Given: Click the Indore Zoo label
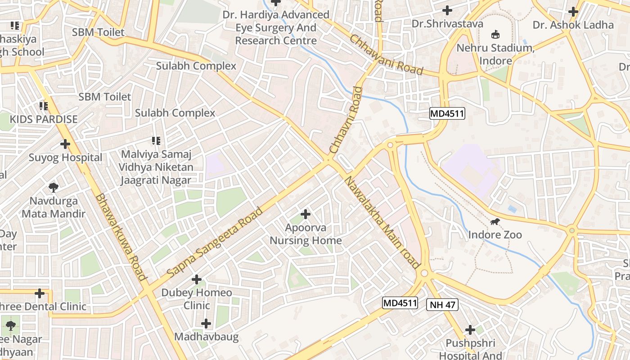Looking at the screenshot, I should pyautogui.click(x=495, y=235).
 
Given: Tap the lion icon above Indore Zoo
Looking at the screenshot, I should pyautogui.click(x=495, y=221).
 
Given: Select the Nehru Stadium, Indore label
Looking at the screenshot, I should pyautogui.click(x=495, y=54).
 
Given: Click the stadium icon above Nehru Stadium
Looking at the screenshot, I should pyautogui.click(x=495, y=34).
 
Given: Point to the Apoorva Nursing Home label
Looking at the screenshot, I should pyautogui.click(x=306, y=234).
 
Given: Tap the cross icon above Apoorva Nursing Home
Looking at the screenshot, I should pyautogui.click(x=306, y=214).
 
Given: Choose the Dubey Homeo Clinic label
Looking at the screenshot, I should pyautogui.click(x=197, y=299).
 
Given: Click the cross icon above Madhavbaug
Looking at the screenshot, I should pyautogui.click(x=206, y=324).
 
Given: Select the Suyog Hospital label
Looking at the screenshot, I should pyautogui.click(x=66, y=158).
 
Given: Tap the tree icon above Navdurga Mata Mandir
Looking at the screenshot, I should pyautogui.click(x=53, y=187).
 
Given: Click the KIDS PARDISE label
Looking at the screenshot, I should pyautogui.click(x=44, y=120).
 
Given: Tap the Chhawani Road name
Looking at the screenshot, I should pyautogui.click(x=387, y=55).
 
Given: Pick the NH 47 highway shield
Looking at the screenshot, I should pyautogui.click(x=442, y=305).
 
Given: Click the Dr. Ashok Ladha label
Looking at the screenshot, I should pyautogui.click(x=573, y=25).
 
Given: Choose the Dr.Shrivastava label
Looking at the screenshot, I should pyautogui.click(x=447, y=23).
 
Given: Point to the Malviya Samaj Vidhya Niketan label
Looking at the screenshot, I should pyautogui.click(x=156, y=167).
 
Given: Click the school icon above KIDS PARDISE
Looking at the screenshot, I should pyautogui.click(x=44, y=106).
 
